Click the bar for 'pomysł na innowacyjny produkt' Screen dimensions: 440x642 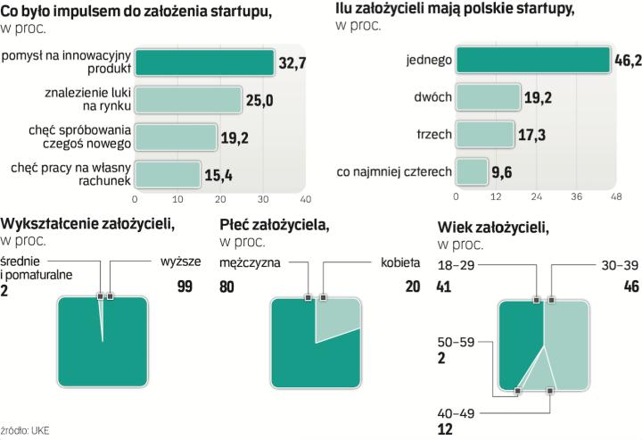click(x=204, y=62)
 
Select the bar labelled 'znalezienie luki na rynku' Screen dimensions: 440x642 click(x=188, y=99)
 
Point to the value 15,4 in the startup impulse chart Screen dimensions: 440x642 click(x=217, y=173)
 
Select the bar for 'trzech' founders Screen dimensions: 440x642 click(x=485, y=135)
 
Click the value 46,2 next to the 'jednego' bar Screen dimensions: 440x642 click(x=626, y=62)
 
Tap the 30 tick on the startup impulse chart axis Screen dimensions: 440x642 click(x=263, y=198)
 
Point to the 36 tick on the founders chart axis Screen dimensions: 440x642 click(x=576, y=197)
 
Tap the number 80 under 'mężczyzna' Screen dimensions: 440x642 click(x=228, y=286)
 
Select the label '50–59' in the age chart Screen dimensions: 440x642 click(x=456, y=343)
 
